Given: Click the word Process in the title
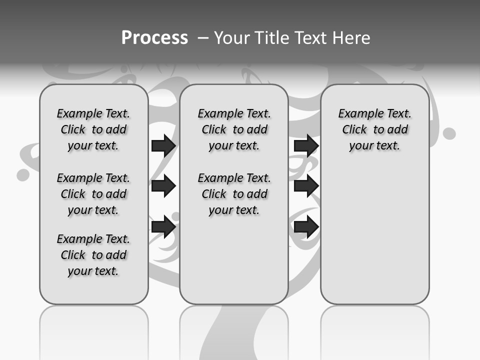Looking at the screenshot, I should (x=154, y=37).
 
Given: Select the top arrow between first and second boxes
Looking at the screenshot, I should (x=163, y=145).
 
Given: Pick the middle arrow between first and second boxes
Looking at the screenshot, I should (x=163, y=186).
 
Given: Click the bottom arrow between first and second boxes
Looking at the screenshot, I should (x=163, y=226).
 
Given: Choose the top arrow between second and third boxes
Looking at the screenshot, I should (x=306, y=145).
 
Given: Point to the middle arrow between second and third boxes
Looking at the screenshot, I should (x=306, y=186).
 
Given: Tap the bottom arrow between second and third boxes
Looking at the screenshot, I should (x=306, y=226).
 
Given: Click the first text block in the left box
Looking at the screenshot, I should (x=93, y=129).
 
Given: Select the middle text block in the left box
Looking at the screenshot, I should (x=93, y=194).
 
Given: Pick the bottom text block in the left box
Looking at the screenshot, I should (x=93, y=255).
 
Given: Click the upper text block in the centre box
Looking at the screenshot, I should (x=234, y=129).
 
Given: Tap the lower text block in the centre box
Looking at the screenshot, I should (x=234, y=194).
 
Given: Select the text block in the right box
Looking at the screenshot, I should (x=374, y=129).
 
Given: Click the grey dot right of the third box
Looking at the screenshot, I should (x=449, y=133).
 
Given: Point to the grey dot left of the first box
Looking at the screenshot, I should (x=23, y=174).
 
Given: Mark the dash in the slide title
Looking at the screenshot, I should (x=203, y=38).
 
